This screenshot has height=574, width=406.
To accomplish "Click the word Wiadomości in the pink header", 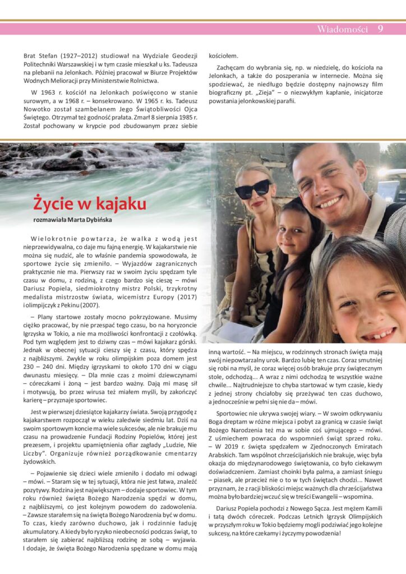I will tap(342, 29).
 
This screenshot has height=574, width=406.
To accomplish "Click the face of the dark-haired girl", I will tap(296, 233).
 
